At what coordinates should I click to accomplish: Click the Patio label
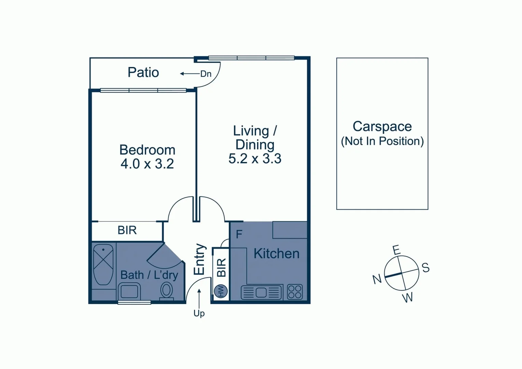coord(143,72)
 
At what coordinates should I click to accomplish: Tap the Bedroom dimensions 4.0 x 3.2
coord(147,164)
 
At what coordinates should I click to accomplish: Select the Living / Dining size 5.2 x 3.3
coord(255,159)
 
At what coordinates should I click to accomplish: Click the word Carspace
coord(382,126)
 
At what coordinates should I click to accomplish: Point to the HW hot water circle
coord(221,291)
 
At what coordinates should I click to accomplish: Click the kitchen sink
coord(261,292)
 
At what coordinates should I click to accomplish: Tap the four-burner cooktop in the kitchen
coord(295,292)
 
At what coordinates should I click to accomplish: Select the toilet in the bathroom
coord(167,291)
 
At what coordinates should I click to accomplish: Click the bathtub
coord(103,264)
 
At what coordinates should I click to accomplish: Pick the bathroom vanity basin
coord(129,292)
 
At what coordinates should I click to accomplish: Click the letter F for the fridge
coord(239,234)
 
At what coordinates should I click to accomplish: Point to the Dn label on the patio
coord(206,74)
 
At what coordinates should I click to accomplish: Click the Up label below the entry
coord(199,313)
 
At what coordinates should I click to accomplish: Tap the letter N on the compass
coord(377,279)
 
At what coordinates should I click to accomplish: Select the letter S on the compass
coord(425,268)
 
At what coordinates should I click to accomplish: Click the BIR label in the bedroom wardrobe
coord(127,230)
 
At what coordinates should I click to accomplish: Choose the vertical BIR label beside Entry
coord(221,267)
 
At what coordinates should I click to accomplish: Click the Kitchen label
coord(276,254)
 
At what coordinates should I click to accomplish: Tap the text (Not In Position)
coord(382,141)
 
